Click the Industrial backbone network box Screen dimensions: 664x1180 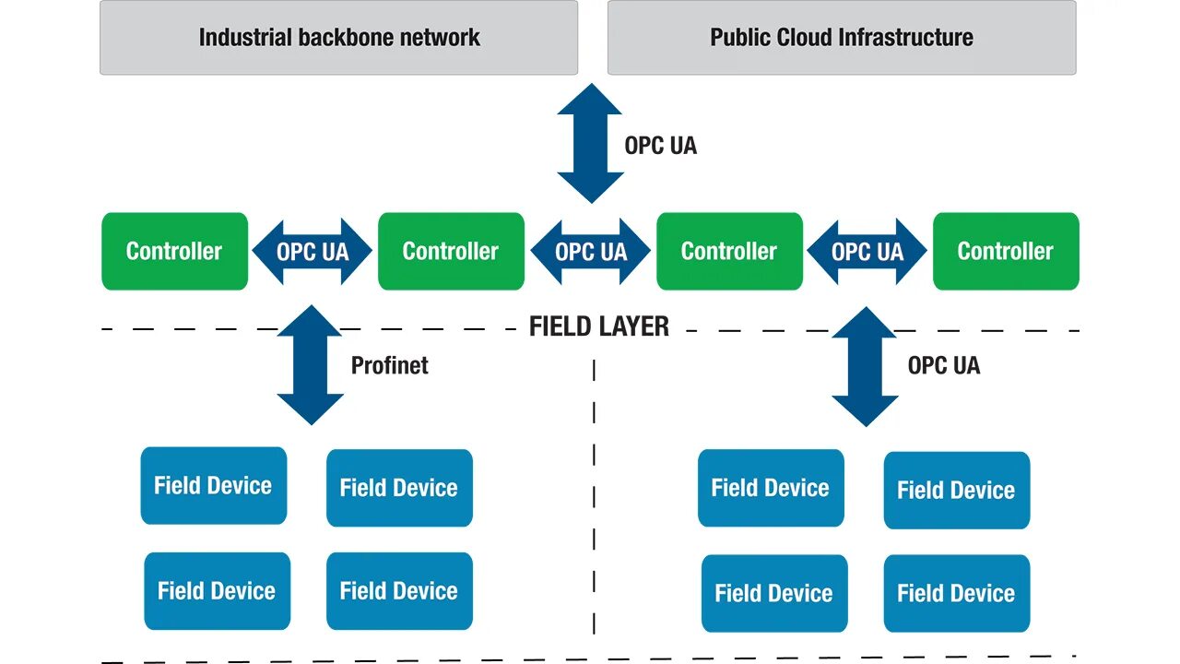click(338, 38)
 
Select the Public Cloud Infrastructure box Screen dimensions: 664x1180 click(841, 38)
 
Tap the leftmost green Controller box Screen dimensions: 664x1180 click(174, 251)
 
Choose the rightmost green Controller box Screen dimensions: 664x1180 click(1005, 251)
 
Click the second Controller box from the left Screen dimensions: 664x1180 click(451, 251)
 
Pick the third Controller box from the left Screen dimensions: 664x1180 click(729, 251)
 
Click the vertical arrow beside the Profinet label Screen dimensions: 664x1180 click(310, 365)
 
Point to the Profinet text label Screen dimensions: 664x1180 click(389, 365)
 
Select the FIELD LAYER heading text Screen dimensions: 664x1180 click(598, 326)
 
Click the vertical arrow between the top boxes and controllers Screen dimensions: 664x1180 click(590, 143)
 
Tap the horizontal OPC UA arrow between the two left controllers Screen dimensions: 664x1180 click(313, 251)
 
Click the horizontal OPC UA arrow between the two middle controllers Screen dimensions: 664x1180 click(590, 251)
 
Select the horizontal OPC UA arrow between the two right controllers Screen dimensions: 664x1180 click(867, 251)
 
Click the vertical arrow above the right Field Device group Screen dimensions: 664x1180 click(865, 366)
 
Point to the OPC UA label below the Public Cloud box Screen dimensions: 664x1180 click(660, 145)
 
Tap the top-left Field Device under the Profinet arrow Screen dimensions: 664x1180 click(213, 486)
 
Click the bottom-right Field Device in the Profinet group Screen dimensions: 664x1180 click(399, 591)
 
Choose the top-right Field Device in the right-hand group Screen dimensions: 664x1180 click(956, 490)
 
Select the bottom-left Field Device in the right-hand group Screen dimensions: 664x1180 click(773, 593)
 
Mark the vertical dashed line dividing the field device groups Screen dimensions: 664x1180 click(594, 498)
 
